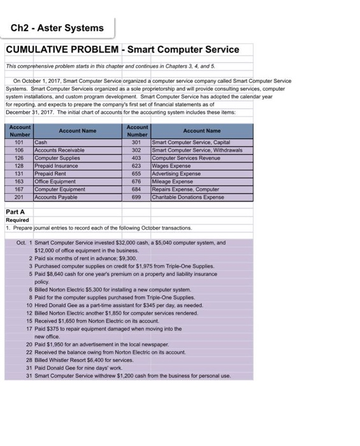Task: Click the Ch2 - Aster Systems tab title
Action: coord(57,28)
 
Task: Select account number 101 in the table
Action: coord(19,143)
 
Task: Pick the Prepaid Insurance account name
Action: coord(56,166)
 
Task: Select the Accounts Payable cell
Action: coord(56,197)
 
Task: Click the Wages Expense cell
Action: coord(171,166)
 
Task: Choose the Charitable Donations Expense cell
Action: coord(188,197)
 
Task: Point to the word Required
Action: coord(18,219)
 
